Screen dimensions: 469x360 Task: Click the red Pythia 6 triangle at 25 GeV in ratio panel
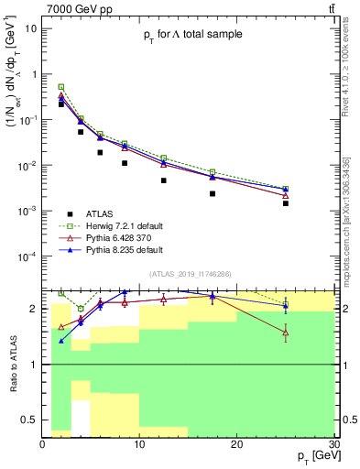(x=285, y=333)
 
